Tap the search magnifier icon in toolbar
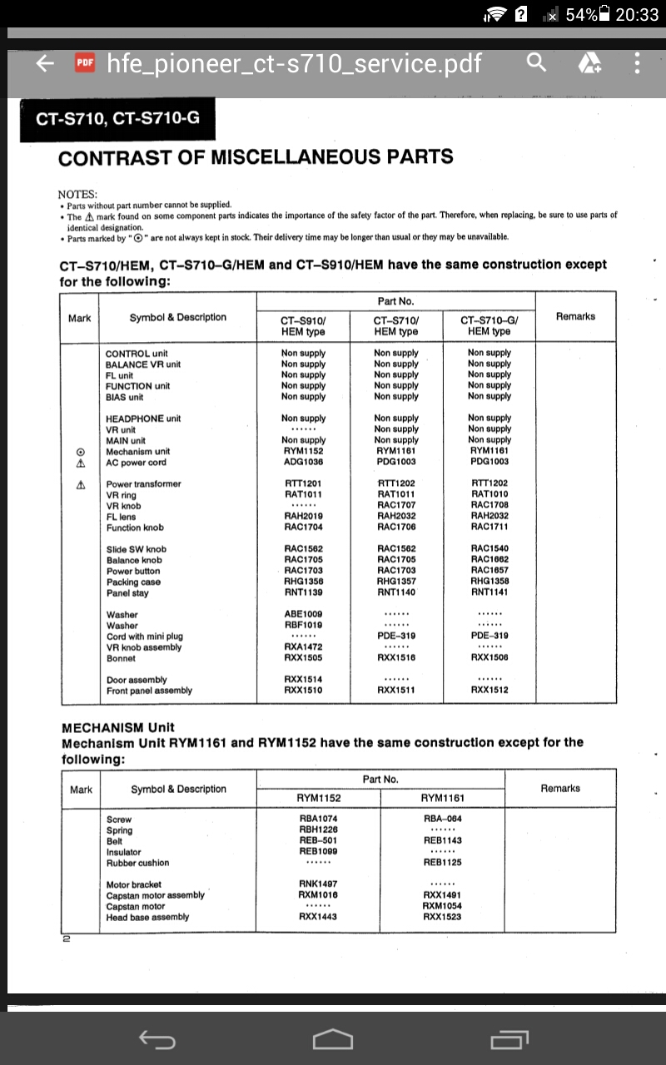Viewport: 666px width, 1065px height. (x=537, y=62)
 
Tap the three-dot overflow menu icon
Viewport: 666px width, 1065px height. (x=637, y=62)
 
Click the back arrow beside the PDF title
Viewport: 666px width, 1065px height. (x=45, y=63)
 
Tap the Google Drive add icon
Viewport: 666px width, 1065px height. (x=589, y=62)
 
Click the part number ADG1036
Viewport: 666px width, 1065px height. (x=303, y=462)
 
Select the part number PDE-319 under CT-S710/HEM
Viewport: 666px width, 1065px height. (x=396, y=636)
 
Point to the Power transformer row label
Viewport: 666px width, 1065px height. (x=143, y=484)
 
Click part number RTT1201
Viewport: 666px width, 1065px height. (x=303, y=483)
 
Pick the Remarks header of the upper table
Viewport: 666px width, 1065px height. (x=575, y=316)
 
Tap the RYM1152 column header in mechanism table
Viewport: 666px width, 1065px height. (x=319, y=798)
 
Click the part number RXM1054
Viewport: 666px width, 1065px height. (x=442, y=906)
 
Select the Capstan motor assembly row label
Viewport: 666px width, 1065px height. (x=155, y=895)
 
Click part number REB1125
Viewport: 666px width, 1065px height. (x=442, y=862)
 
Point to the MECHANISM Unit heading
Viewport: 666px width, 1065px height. (x=118, y=727)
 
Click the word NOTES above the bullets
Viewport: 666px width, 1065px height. (x=77, y=193)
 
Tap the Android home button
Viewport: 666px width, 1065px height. (x=333, y=1039)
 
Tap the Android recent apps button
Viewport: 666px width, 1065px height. (x=509, y=1039)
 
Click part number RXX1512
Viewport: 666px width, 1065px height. (x=490, y=690)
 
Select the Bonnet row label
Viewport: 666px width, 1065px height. (x=122, y=657)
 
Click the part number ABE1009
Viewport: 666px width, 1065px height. (x=303, y=614)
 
